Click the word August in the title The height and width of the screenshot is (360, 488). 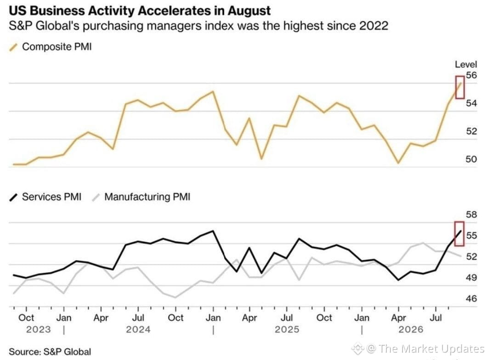[x=249, y=11]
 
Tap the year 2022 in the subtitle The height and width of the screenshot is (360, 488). [x=374, y=26]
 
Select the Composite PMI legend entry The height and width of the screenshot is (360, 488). [x=51, y=47]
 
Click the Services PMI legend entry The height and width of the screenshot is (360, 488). [x=45, y=197]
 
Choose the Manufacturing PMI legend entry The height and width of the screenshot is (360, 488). [x=141, y=197]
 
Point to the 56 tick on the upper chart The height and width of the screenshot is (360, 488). [x=471, y=75]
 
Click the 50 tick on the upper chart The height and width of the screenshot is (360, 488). [x=471, y=159]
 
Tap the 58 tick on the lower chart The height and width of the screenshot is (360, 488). [x=471, y=214]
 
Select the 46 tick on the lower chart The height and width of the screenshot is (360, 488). [x=471, y=298]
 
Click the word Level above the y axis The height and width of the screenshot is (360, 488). [x=466, y=64]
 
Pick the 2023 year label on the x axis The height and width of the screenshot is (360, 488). [x=38, y=330]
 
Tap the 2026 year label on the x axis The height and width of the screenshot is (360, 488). [x=411, y=330]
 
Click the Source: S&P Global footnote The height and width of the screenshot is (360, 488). [x=50, y=352]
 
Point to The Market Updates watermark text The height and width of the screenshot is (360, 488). [x=431, y=349]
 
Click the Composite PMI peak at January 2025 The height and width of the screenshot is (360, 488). [x=213, y=91]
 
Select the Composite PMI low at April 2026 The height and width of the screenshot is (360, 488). [x=398, y=163]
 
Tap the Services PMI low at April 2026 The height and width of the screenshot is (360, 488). [x=398, y=280]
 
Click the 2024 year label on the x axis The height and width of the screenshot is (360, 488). [x=138, y=330]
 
